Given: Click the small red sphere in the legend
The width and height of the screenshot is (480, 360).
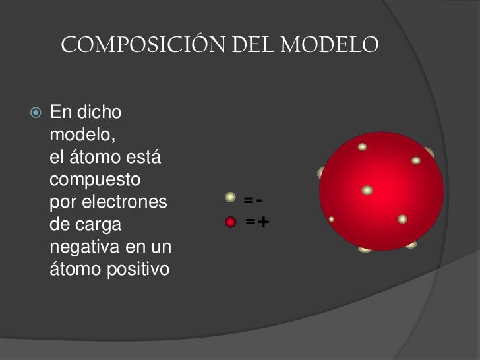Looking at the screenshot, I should tap(231, 222).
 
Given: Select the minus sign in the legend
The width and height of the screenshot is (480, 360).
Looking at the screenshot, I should tap(260, 199).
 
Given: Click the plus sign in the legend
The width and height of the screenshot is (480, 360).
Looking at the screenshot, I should tap(263, 222).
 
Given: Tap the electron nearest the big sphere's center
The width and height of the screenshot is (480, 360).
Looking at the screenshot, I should tap(367, 190).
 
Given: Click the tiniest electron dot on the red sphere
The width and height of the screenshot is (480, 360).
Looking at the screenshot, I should tap(331, 219).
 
